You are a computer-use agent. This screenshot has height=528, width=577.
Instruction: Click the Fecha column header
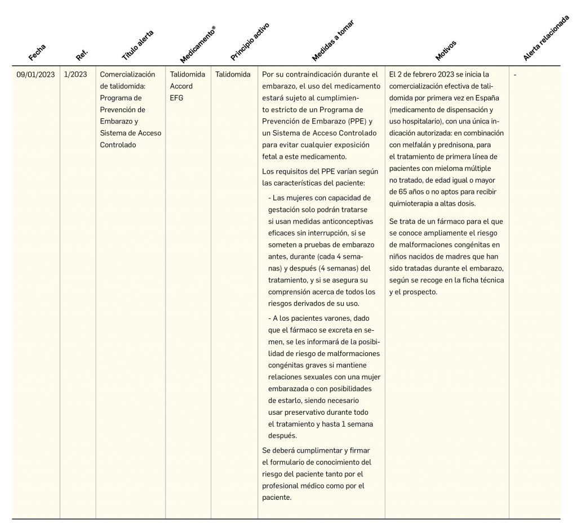(x=37, y=52)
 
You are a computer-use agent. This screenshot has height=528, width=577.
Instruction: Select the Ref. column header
(x=82, y=55)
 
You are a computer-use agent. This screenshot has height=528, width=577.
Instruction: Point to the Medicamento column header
(x=197, y=44)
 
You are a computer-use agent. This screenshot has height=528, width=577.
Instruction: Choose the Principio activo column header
(x=250, y=41)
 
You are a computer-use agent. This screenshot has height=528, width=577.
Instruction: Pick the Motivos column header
(x=446, y=50)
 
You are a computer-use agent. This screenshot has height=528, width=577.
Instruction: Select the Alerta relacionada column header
(x=545, y=38)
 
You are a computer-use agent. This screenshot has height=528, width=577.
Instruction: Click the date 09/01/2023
(x=35, y=74)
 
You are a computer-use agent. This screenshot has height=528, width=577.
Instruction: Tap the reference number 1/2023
(x=76, y=74)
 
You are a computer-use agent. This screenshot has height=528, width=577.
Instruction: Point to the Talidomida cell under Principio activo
(x=233, y=74)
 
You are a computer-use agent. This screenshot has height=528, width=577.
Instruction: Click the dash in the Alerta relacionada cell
(x=515, y=74)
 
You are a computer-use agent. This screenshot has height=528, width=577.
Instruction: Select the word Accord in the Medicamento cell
(x=181, y=86)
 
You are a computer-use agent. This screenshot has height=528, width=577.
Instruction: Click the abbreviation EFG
(x=176, y=98)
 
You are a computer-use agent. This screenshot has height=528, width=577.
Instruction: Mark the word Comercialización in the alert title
(x=127, y=74)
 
